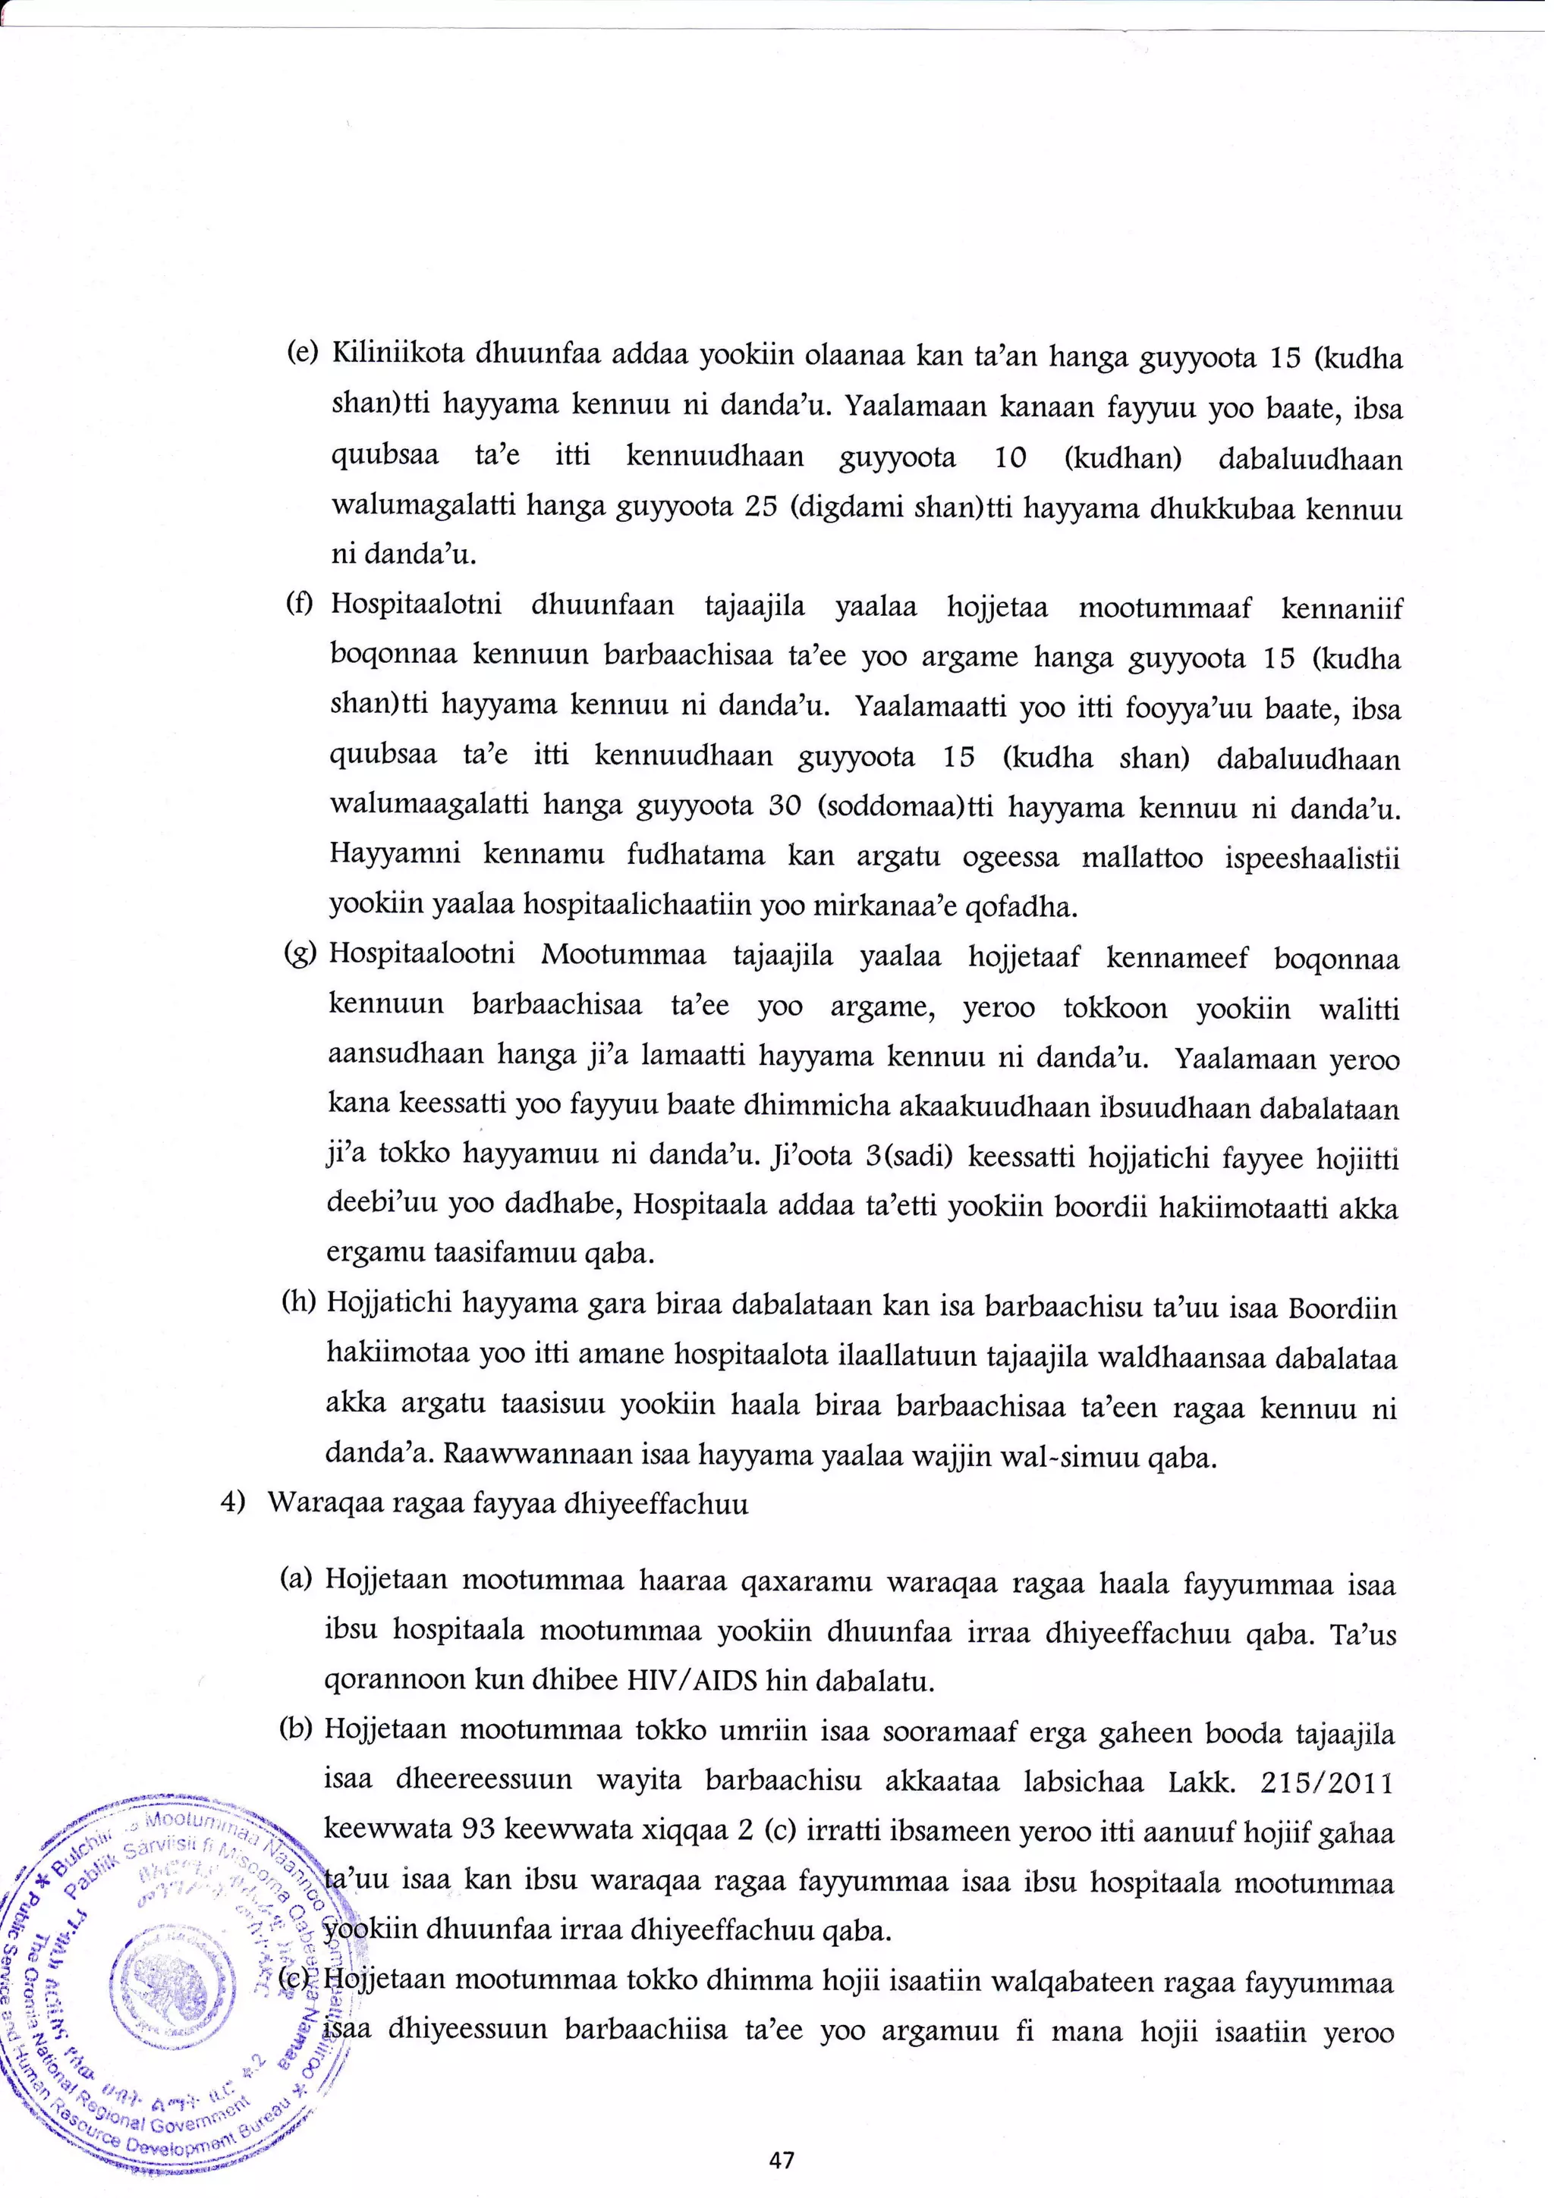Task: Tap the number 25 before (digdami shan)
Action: pyautogui.click(x=760, y=507)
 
